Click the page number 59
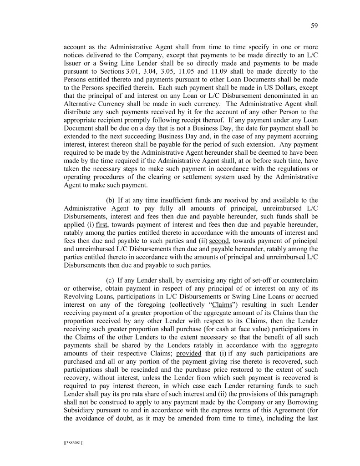(314, 26)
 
